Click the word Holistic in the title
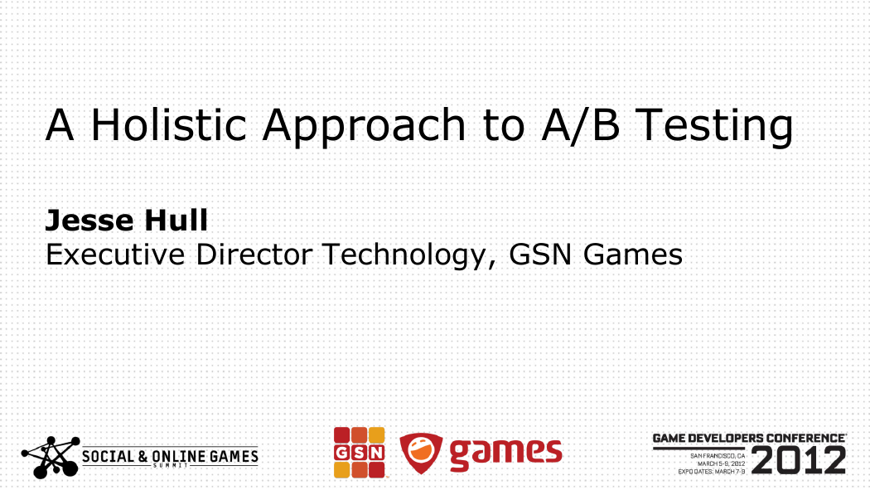(169, 124)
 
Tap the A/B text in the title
(580, 125)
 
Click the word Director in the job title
(254, 255)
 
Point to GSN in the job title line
(540, 255)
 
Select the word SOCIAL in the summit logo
(109, 457)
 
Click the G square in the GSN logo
(341, 453)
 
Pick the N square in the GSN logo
(377, 453)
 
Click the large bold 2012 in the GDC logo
(799, 460)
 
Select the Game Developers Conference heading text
(749, 439)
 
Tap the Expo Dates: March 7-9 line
(712, 472)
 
